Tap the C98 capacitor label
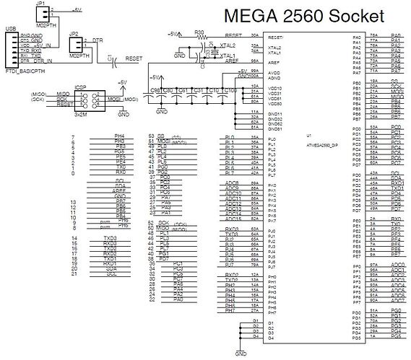154,90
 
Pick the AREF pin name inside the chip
274,62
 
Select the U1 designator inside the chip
308,135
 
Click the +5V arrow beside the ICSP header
122,84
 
